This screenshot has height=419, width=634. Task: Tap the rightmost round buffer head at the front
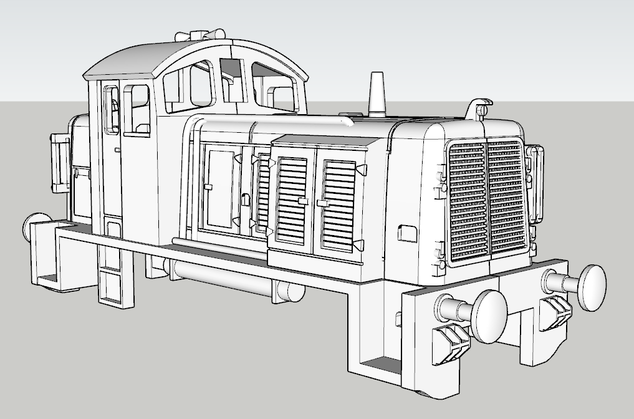tap(591, 287)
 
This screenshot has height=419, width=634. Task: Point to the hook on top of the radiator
tap(479, 107)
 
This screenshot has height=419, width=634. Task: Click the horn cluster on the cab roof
tap(200, 35)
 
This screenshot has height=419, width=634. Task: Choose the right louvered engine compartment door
tap(339, 203)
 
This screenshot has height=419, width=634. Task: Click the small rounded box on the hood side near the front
tap(407, 233)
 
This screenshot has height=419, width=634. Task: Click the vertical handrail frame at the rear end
tap(60, 163)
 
